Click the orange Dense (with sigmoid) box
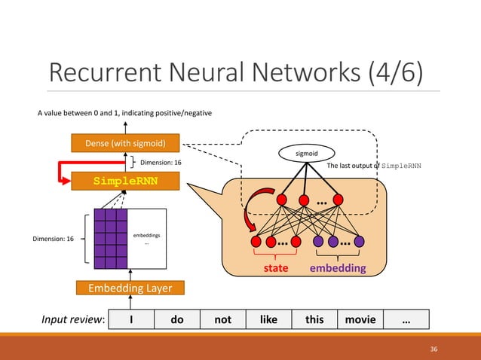pos(126,142)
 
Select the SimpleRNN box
pos(126,182)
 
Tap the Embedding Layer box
pos(130,288)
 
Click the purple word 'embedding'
pos(338,268)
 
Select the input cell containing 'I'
pos(131,319)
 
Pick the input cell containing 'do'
pos(177,319)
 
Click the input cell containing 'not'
pos(223,319)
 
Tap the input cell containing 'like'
pos(268,319)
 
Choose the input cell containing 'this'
pos(314,319)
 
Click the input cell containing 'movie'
pos(360,319)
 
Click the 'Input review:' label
pos(72,319)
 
